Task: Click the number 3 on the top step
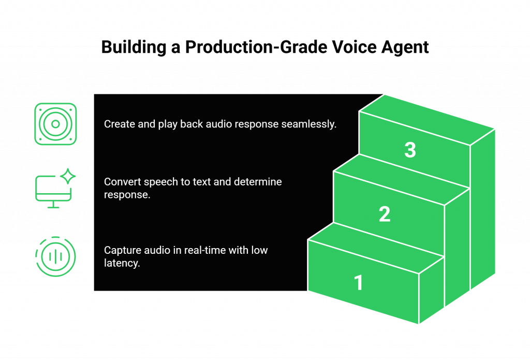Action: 410,150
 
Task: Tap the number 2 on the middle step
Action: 385,214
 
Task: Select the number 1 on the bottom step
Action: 359,282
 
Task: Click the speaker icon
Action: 55,124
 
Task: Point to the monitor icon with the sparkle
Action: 55,188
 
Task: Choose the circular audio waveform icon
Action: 55,256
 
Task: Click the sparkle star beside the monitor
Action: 68,176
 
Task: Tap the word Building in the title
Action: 134,47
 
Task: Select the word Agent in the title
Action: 405,47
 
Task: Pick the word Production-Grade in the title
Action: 256,47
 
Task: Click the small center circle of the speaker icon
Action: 55,124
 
